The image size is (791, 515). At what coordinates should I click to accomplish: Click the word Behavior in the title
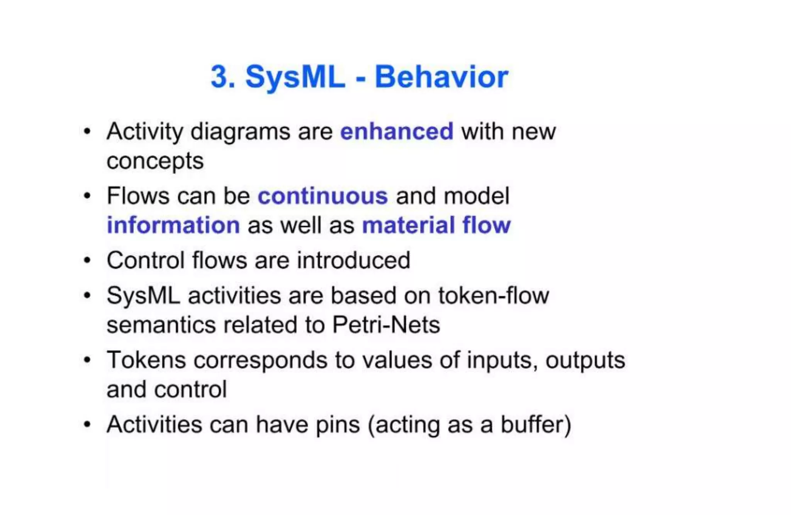coord(441,77)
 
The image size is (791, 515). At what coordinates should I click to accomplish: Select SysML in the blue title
coord(295,77)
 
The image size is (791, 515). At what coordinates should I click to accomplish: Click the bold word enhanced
coord(397,132)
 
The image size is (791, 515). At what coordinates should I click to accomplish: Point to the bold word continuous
coord(323,196)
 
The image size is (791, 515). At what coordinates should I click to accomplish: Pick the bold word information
coord(173,225)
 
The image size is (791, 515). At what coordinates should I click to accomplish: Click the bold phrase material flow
coord(436,225)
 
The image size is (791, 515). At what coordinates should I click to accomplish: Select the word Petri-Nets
coord(386,325)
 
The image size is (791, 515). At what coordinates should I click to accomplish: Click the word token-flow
coord(493,296)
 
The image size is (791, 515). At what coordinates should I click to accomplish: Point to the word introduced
coord(353,260)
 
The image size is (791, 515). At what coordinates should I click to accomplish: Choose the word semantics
coord(161,325)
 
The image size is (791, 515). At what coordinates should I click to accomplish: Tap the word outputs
coord(585,360)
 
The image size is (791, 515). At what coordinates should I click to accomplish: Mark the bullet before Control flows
coord(87,260)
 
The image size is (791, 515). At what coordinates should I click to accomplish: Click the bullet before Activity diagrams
coord(87,132)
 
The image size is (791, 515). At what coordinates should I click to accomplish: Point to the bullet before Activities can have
coord(87,425)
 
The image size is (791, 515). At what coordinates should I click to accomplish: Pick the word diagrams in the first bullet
coord(240,132)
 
